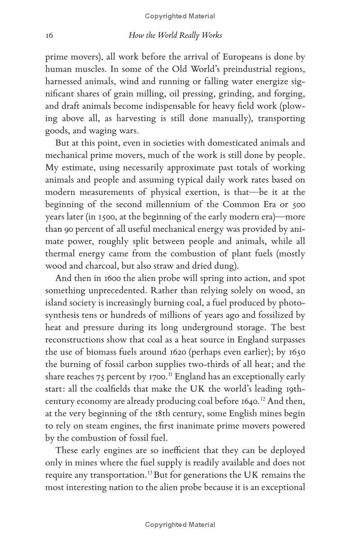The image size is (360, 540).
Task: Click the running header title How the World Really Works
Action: [175, 35]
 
